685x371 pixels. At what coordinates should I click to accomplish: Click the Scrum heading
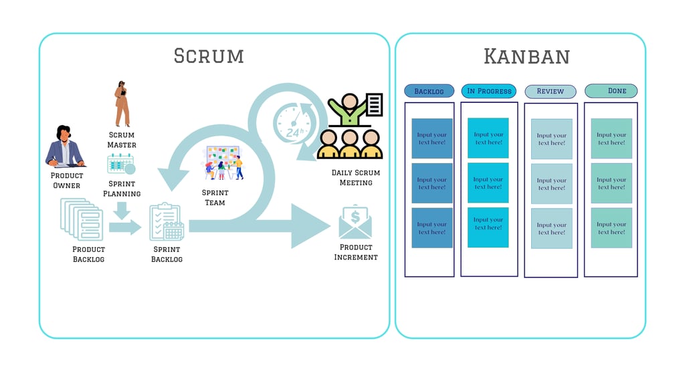click(209, 55)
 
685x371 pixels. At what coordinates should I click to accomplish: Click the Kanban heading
click(526, 56)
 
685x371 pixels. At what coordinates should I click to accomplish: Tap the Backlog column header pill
click(429, 91)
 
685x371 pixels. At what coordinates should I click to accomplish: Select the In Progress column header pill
click(489, 91)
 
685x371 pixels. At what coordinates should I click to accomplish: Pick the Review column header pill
click(551, 91)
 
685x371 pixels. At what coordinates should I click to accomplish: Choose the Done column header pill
click(611, 90)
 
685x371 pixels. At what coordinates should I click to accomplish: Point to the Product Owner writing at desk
click(64, 146)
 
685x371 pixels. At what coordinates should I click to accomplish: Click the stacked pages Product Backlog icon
click(81, 219)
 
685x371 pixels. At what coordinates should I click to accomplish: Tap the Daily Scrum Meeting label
click(356, 178)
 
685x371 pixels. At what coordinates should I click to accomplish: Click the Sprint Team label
click(215, 197)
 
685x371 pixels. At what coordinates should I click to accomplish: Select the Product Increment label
click(356, 252)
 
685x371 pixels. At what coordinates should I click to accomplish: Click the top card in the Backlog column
click(432, 138)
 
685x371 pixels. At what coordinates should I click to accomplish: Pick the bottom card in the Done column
click(611, 228)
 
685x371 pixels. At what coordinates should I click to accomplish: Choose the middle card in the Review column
click(552, 184)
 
